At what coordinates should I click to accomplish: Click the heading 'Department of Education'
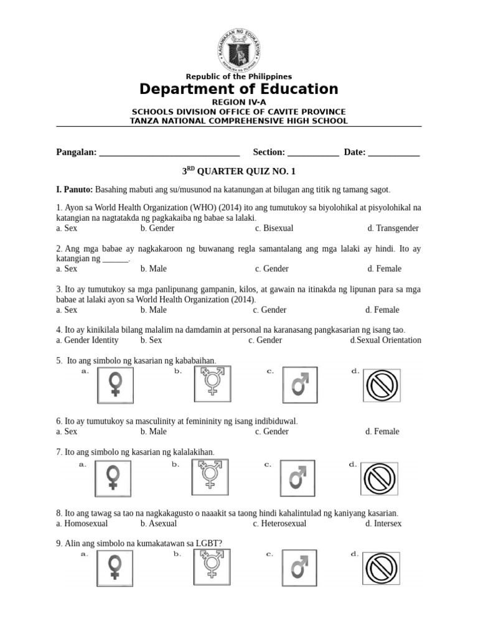239,89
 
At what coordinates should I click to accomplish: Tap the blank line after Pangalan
169,152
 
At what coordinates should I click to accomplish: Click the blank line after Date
394,152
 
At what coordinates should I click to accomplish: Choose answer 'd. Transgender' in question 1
393,228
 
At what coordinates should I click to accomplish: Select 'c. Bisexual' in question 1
274,228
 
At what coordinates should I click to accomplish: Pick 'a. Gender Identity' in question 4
87,340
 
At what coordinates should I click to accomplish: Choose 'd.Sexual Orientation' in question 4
386,340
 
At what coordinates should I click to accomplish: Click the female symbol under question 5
116,384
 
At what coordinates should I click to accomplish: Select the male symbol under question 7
298,478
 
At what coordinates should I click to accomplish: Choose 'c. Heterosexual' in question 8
279,524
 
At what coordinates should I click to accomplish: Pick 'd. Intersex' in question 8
383,524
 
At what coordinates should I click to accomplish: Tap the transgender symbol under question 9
211,566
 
